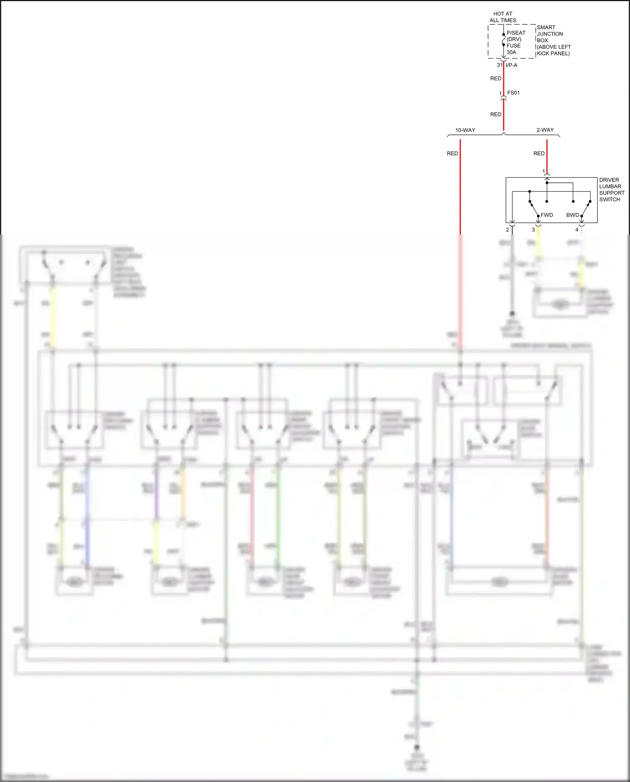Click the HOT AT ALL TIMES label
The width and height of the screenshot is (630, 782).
(x=503, y=17)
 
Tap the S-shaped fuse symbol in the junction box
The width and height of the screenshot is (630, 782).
(x=504, y=39)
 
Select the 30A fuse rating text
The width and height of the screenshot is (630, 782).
(x=511, y=52)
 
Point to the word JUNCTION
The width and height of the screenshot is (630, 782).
(x=550, y=34)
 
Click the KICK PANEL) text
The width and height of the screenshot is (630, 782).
(x=553, y=53)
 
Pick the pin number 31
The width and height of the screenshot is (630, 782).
(x=499, y=65)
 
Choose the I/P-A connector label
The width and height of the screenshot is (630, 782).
(x=512, y=65)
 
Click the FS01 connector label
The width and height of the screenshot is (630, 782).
(x=513, y=92)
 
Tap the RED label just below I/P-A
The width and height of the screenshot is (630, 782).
(x=496, y=79)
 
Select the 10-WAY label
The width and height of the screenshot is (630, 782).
(x=465, y=130)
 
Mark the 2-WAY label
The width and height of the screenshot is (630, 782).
(x=545, y=130)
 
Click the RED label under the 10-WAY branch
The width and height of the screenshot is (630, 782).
(x=452, y=153)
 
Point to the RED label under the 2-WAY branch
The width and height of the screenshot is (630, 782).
(x=539, y=153)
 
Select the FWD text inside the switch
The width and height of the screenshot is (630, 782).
(x=546, y=215)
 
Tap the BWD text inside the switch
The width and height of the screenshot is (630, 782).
(x=572, y=215)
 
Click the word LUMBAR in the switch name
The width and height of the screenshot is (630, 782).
(x=610, y=186)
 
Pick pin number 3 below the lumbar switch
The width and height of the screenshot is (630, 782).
(x=533, y=230)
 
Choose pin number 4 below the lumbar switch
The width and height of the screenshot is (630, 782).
(x=577, y=230)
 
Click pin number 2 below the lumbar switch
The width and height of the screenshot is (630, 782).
(x=507, y=230)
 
